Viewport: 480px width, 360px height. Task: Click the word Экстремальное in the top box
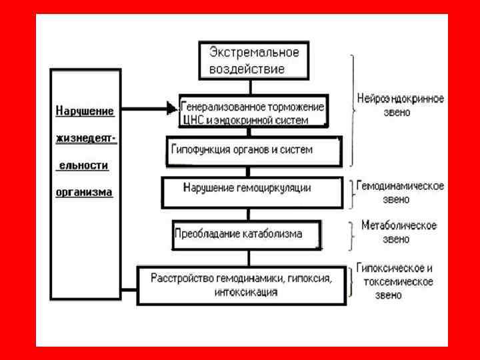tap(254, 53)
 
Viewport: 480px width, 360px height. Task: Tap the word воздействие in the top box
tap(247, 68)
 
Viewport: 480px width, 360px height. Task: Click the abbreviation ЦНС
tap(191, 121)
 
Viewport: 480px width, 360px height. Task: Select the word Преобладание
tap(205, 234)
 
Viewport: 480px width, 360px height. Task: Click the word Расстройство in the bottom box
tap(181, 277)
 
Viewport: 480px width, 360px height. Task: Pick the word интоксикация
tap(246, 292)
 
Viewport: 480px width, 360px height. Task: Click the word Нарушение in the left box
tap(84, 111)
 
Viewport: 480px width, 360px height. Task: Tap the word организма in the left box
tap(84, 191)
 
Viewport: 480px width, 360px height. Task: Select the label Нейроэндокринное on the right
tap(400, 99)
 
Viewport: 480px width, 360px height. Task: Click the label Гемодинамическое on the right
tap(401, 185)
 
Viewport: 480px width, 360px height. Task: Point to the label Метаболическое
tap(399, 225)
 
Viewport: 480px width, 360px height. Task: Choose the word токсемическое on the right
tap(398, 281)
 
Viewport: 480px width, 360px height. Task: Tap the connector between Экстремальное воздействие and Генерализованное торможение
tap(251, 86)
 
